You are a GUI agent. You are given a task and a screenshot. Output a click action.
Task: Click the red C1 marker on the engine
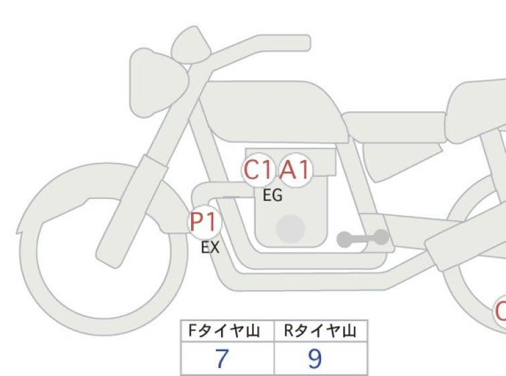257,170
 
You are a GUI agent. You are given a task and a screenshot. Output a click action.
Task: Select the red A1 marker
296,170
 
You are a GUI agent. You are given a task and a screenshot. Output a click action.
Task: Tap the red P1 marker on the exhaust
204,222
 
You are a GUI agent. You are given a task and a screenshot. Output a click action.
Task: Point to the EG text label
273,195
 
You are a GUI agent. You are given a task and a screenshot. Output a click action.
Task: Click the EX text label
210,247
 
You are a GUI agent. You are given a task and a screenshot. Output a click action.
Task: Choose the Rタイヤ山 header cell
321,331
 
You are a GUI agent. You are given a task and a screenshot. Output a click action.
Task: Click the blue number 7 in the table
222,359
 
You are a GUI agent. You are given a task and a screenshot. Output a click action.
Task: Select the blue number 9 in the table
314,359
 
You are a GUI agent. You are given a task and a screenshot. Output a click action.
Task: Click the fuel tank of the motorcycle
274,111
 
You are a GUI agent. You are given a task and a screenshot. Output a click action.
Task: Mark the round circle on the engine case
291,229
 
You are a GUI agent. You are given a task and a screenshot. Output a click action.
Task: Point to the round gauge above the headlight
190,45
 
